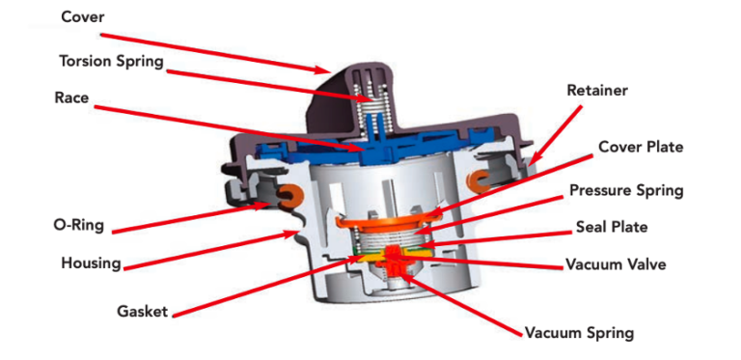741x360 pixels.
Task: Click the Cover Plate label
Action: click(x=640, y=148)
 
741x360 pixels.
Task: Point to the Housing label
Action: click(x=91, y=263)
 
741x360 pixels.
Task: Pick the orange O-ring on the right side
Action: click(x=480, y=180)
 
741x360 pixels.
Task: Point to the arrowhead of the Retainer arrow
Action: click(x=530, y=159)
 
